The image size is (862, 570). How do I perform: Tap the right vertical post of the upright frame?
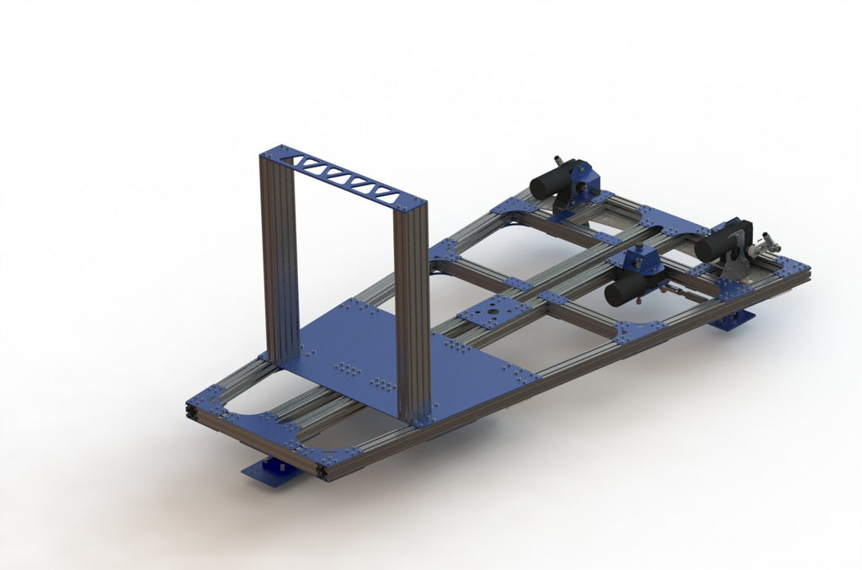[x=412, y=312]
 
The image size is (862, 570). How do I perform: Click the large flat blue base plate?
[x=379, y=354]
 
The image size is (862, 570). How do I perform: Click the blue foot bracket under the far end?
[x=732, y=320]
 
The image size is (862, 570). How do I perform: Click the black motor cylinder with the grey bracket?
[x=716, y=244]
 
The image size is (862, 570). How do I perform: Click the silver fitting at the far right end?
[x=767, y=244]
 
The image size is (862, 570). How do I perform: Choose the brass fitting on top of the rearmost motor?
[x=559, y=160]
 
